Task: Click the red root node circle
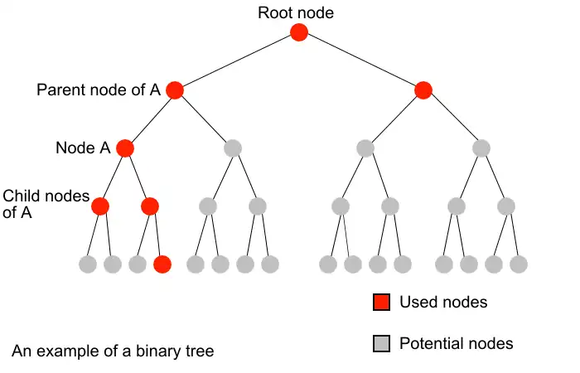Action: [x=299, y=32]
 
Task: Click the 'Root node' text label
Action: [x=297, y=12]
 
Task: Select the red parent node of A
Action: [x=174, y=90]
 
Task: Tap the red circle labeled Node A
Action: [x=125, y=148]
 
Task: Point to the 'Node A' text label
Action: [x=82, y=148]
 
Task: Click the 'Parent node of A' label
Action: [x=98, y=90]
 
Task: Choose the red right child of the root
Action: [x=423, y=90]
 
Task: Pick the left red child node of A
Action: [x=100, y=206]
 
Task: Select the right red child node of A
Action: [x=150, y=206]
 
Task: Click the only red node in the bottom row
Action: [x=162, y=264]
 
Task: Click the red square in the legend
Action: [x=381, y=303]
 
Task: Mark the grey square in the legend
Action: [x=381, y=343]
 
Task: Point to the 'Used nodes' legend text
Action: [x=443, y=303]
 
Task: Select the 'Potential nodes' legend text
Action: [x=456, y=343]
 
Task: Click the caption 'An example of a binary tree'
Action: [x=113, y=351]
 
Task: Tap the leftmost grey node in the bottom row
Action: [x=88, y=264]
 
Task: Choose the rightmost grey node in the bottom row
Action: [x=519, y=264]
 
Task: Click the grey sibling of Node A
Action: [x=233, y=148]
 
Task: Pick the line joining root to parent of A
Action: [x=236, y=61]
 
